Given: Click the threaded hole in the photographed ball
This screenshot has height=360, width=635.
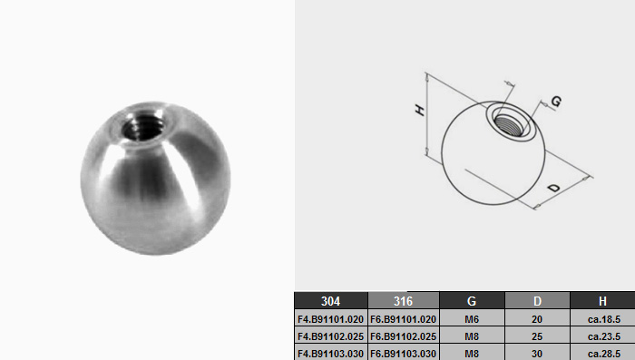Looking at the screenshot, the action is pyautogui.click(x=143, y=126).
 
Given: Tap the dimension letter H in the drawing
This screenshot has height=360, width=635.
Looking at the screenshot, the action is pyautogui.click(x=420, y=110).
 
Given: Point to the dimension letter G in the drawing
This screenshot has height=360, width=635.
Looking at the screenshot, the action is pyautogui.click(x=556, y=102).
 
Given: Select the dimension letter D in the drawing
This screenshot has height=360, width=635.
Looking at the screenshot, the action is pyautogui.click(x=553, y=188).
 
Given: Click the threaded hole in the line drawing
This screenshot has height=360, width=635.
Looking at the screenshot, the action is pyautogui.click(x=510, y=124).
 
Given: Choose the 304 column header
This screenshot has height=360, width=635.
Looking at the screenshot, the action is pyautogui.click(x=331, y=301).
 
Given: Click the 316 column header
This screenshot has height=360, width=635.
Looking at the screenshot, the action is pyautogui.click(x=404, y=301).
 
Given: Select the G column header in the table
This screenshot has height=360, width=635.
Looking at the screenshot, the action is pyautogui.click(x=472, y=301).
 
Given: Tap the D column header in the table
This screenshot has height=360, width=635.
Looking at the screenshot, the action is pyautogui.click(x=537, y=301).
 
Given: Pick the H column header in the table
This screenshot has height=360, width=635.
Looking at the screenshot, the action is pyautogui.click(x=602, y=301).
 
